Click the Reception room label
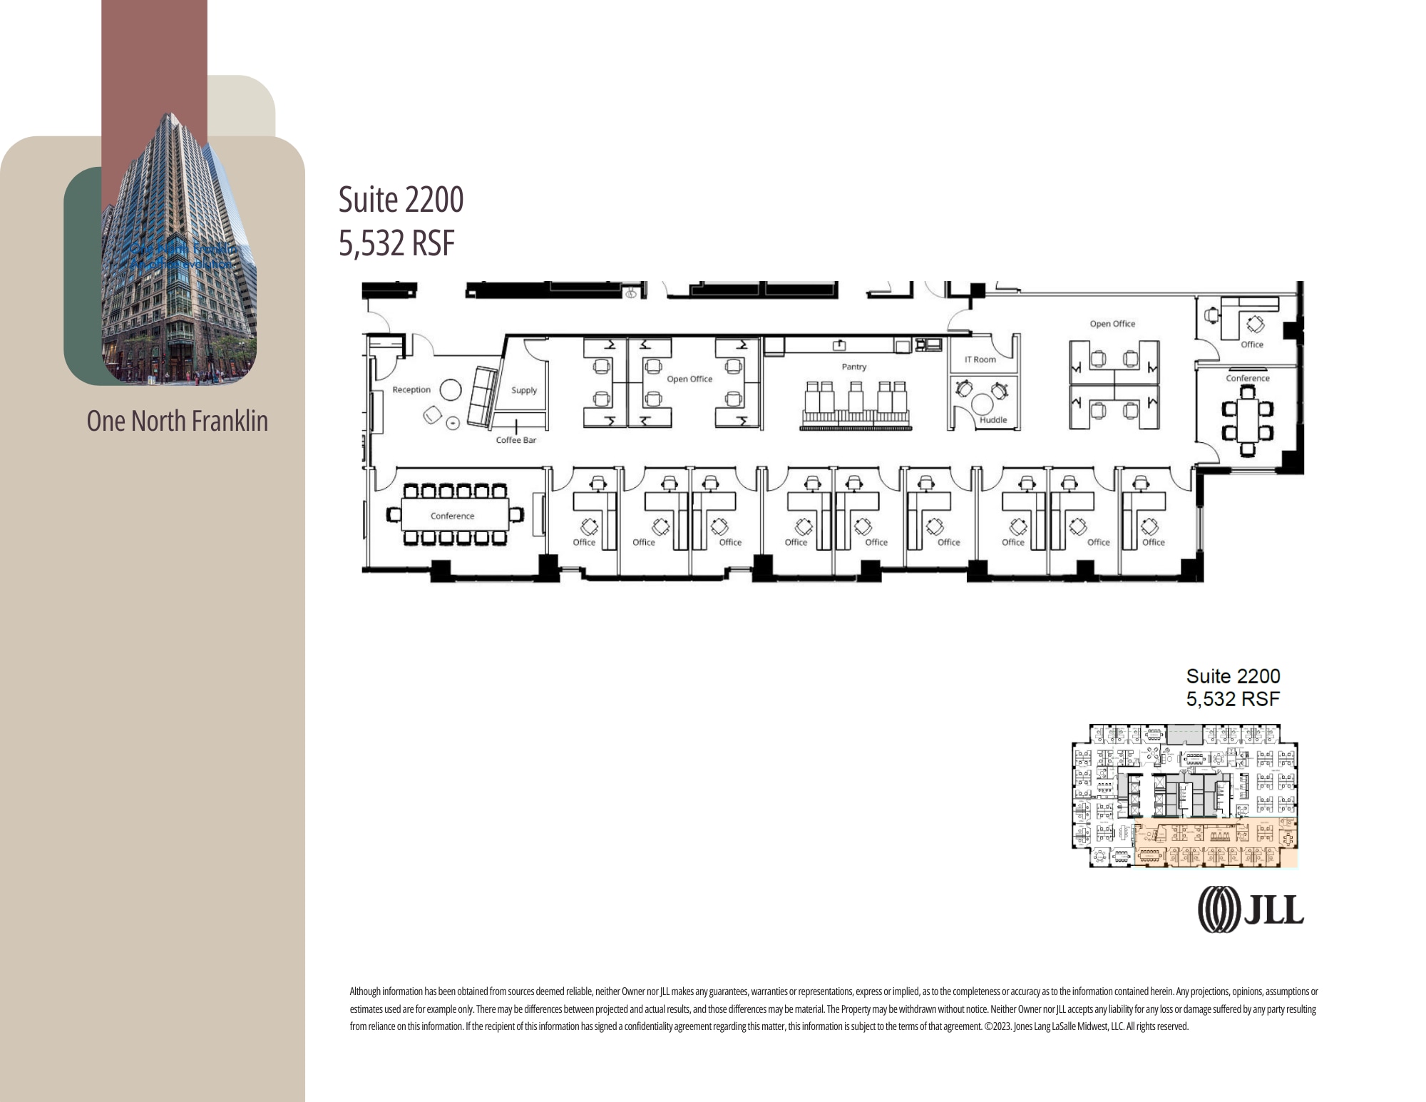pyautogui.click(x=411, y=389)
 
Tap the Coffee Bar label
pyautogui.click(x=515, y=440)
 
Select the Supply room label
pyautogui.click(x=524, y=390)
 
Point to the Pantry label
pyautogui.click(x=853, y=367)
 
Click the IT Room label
pyautogui.click(x=980, y=359)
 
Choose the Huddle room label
pyautogui.click(x=992, y=420)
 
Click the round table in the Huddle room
pyautogui.click(x=983, y=404)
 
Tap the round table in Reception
pyautogui.click(x=450, y=389)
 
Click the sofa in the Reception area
pyautogui.click(x=483, y=397)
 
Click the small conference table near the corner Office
pyautogui.click(x=1247, y=421)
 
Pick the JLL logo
pyautogui.click(x=1251, y=909)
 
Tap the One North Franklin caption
pyautogui.click(x=178, y=421)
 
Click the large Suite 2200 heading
pyautogui.click(x=401, y=200)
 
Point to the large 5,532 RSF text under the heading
pyautogui.click(x=396, y=243)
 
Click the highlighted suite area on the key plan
pyautogui.click(x=1212, y=845)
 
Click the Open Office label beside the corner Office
pyautogui.click(x=1112, y=324)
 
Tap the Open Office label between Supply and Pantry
pyautogui.click(x=689, y=379)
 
